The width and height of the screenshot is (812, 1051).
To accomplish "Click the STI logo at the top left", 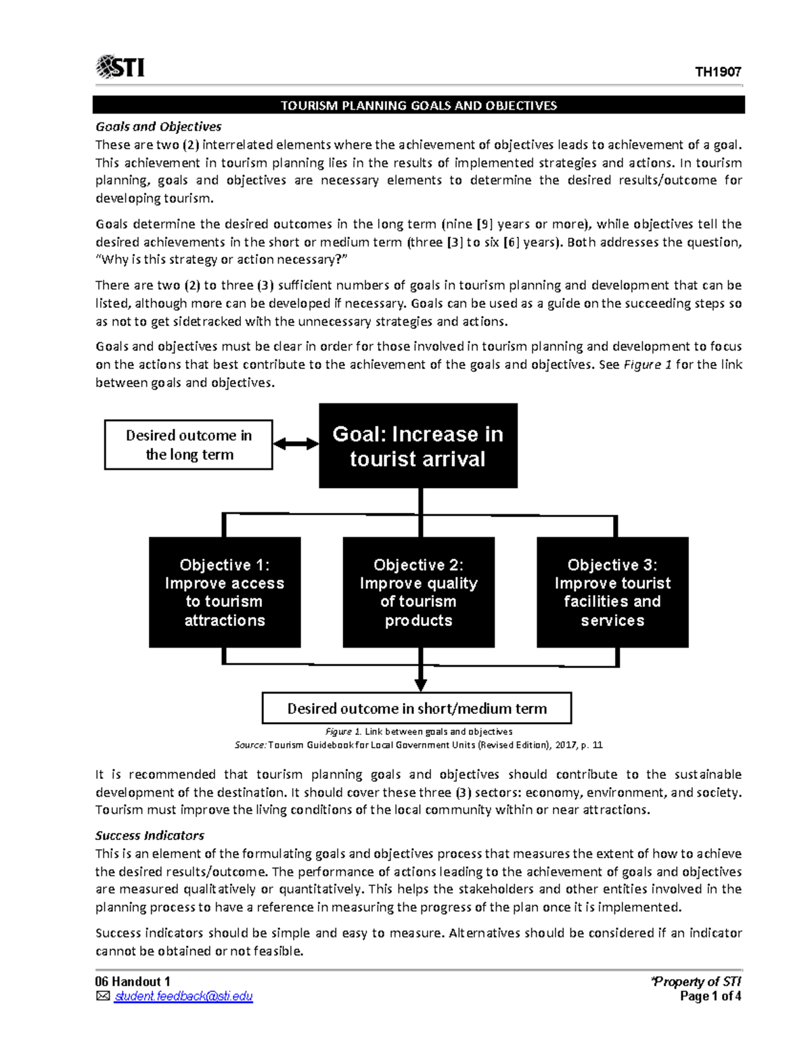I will tap(120, 67).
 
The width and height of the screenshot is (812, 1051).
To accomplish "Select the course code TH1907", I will tap(718, 72).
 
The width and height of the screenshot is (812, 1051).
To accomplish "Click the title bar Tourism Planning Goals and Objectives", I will tap(418, 106).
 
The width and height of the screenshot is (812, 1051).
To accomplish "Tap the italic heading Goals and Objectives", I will tap(158, 127).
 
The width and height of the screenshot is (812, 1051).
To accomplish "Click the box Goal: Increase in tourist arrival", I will tap(418, 446).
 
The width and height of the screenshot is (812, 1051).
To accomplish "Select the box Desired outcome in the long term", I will tap(189, 445).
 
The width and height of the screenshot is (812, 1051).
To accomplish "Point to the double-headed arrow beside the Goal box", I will tap(296, 444).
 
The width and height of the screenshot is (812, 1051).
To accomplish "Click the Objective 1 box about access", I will tap(225, 592).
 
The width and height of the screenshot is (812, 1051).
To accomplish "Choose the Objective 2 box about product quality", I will tap(418, 592).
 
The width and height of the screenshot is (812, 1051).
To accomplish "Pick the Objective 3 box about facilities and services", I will tap(612, 592).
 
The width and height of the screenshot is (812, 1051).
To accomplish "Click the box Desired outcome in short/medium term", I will tap(417, 709).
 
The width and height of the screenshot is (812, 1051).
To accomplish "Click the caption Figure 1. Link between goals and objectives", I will tap(418, 732).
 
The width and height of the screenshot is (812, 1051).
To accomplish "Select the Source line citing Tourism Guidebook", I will tap(418, 745).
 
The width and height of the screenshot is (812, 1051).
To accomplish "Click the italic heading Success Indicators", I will tap(150, 835).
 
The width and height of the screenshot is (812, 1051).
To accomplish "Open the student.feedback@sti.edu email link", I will tap(183, 996).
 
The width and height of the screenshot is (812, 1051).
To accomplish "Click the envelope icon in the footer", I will tap(102, 996).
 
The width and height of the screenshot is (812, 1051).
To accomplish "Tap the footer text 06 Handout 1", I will tap(133, 982).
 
